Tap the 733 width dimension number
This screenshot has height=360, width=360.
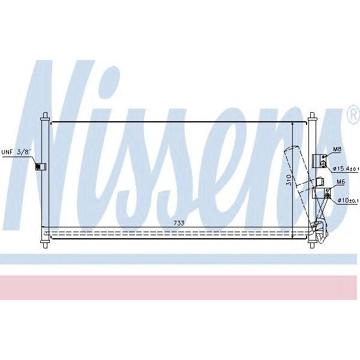coord(179,223)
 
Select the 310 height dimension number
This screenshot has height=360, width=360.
coord(288,181)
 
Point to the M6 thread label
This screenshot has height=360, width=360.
coord(340,181)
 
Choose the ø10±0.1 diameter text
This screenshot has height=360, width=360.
coord(347,200)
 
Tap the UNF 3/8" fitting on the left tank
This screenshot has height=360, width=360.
coord(38,166)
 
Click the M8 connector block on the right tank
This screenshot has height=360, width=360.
coord(320,161)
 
